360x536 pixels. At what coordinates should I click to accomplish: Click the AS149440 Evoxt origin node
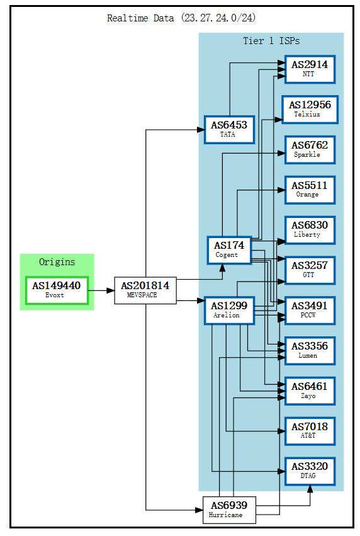pos(57,290)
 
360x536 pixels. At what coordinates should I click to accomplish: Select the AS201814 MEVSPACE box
pos(145,290)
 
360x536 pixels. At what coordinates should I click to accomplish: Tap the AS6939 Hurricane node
pos(230,510)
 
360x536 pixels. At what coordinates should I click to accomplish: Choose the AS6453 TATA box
pos(228,129)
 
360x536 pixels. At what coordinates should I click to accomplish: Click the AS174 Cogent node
pos(229,249)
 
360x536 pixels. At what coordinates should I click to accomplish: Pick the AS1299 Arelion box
pos(229,310)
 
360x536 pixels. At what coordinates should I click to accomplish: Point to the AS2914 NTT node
pos(309,69)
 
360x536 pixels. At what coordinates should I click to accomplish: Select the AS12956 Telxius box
pos(309,109)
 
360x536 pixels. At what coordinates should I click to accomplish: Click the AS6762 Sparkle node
pos(309,149)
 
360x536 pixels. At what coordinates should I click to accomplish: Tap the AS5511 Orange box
pos(309,190)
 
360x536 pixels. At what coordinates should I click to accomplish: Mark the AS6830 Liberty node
pos(309,230)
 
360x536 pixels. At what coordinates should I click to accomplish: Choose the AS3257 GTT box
pos(309,270)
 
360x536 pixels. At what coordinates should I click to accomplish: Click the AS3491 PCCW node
pos(309,310)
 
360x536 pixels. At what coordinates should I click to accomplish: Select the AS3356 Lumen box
pos(309,350)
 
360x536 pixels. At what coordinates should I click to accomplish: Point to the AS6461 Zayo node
pos(309,391)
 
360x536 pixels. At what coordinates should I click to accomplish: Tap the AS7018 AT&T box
pos(309,431)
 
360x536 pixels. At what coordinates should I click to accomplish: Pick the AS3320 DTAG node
pos(309,470)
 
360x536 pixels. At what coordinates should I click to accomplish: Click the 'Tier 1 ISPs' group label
pos(271,41)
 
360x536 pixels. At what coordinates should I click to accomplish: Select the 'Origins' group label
pos(57,262)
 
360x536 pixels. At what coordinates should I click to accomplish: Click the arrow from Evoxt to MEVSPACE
pos(101,290)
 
